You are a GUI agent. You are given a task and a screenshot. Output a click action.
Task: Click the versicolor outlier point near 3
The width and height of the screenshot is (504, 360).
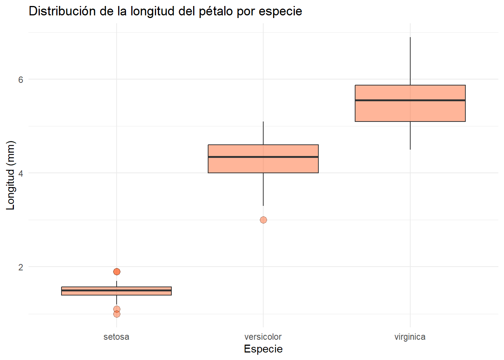(x=263, y=220)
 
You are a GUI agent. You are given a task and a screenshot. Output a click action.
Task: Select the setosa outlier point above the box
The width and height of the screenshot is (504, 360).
(x=117, y=271)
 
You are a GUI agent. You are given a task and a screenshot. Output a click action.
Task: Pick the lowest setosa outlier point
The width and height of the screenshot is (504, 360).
(x=117, y=314)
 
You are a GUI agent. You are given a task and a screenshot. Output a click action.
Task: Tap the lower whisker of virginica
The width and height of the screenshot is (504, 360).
(x=410, y=135)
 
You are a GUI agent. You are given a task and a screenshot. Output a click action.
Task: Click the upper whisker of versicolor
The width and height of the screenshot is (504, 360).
(x=263, y=133)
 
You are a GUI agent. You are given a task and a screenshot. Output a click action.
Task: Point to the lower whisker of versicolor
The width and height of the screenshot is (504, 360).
(x=263, y=189)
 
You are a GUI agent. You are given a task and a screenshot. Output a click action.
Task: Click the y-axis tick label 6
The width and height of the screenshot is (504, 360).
(x=21, y=79)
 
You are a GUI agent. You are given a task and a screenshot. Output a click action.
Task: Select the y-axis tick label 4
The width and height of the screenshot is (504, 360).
(x=21, y=173)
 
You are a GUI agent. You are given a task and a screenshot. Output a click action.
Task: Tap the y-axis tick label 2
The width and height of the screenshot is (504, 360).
(x=21, y=267)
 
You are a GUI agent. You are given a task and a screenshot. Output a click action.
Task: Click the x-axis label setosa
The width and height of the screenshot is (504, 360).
(x=116, y=337)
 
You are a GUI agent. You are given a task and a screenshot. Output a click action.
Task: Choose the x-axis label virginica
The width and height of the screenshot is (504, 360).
(x=410, y=337)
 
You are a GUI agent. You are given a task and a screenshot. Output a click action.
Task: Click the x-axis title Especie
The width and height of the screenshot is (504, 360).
(x=263, y=349)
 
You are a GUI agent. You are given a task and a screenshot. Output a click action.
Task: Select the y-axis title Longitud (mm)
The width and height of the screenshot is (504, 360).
(x=10, y=175)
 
